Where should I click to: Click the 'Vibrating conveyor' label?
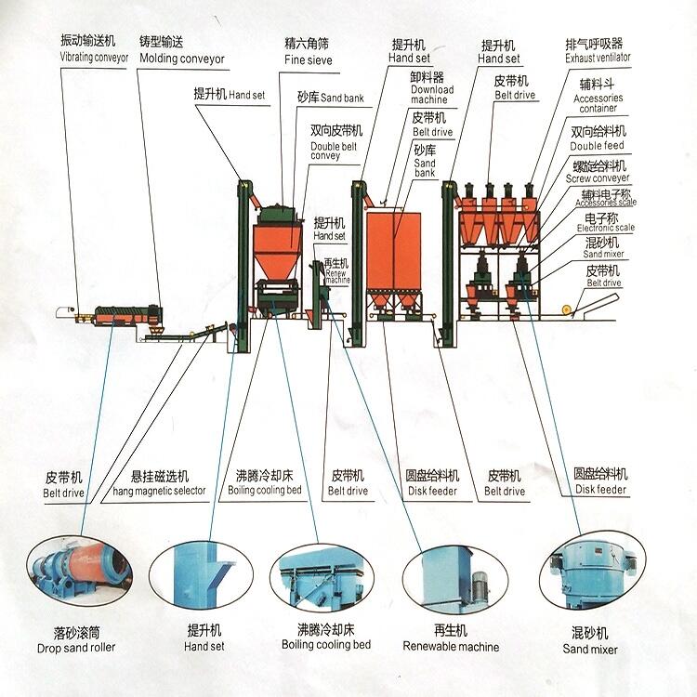pos(94,58)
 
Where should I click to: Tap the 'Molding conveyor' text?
pos(182,59)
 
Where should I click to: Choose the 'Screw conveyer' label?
pos(598,178)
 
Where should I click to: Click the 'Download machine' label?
pos(432,95)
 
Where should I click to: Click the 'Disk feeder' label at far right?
pos(599,490)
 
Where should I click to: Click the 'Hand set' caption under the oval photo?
pos(204,646)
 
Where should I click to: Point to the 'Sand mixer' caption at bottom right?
pos(589,649)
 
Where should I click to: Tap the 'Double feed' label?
pos(598,146)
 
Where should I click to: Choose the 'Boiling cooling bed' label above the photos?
pos(265,491)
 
